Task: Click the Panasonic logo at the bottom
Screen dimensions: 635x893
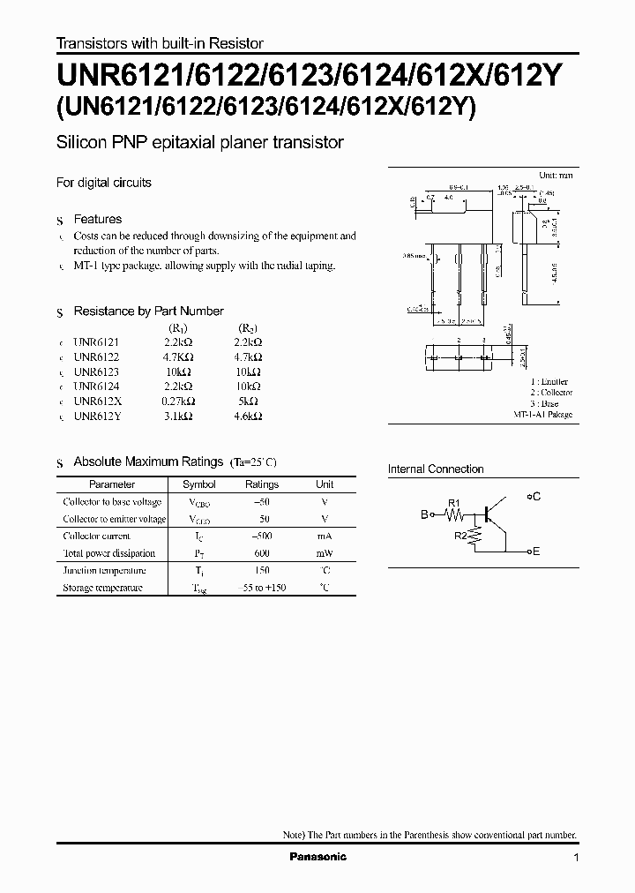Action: click(x=318, y=857)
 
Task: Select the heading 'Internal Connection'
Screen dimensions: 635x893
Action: click(x=436, y=469)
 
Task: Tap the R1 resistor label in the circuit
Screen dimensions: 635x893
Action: click(x=455, y=503)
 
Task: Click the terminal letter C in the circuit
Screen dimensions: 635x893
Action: click(x=536, y=497)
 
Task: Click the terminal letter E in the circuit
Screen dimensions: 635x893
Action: click(x=536, y=552)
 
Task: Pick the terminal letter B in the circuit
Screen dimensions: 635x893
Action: click(x=424, y=514)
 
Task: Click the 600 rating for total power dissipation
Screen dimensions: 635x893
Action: click(x=261, y=553)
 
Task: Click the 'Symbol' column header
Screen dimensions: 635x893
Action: click(x=198, y=484)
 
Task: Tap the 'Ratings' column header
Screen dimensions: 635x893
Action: click(x=261, y=484)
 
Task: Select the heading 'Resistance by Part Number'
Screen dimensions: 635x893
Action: click(x=148, y=311)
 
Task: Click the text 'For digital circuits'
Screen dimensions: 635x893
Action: click(x=104, y=183)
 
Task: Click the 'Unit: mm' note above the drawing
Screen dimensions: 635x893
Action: click(x=556, y=176)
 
